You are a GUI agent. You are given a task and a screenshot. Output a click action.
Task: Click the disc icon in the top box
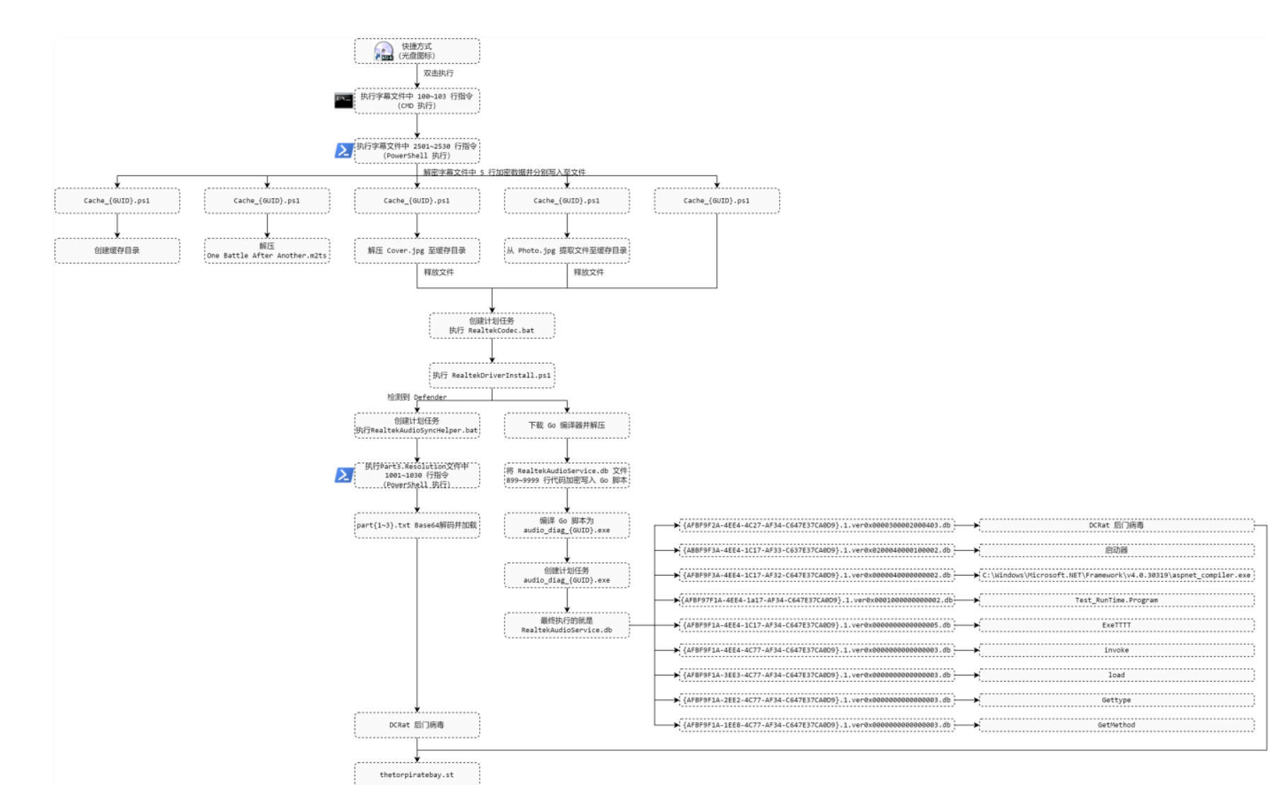point(384,52)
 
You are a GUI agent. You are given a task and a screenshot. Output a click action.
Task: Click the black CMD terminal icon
point(343,100)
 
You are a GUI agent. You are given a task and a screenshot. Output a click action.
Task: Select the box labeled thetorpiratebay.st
point(416,774)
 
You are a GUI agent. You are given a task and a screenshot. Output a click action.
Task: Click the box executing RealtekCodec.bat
point(492,325)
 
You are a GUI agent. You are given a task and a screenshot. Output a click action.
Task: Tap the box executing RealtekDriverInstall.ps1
point(492,375)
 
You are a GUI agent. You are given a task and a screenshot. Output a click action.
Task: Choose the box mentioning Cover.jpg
point(416,250)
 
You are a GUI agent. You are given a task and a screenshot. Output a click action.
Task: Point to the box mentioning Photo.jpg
point(566,250)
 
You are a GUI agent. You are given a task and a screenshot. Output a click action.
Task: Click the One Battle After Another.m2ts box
point(267,250)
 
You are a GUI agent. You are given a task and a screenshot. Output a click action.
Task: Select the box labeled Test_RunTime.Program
point(1116,600)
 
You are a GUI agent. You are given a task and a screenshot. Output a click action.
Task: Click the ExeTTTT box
point(1116,625)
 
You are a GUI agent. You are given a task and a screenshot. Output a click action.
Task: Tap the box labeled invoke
point(1116,650)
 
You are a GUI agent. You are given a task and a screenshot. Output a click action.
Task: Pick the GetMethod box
point(1116,725)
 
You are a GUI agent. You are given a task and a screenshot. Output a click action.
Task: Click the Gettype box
point(1116,700)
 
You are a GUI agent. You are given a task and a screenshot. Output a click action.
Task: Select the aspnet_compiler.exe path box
point(1116,575)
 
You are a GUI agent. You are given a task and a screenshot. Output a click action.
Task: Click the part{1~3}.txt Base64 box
point(416,525)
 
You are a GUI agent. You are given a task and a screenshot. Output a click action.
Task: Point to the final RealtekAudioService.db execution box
point(566,625)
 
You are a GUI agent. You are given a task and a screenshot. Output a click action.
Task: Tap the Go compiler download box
point(566,425)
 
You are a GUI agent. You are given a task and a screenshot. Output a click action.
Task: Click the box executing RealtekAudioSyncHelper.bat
point(416,425)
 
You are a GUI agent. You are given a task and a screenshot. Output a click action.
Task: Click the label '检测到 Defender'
point(416,397)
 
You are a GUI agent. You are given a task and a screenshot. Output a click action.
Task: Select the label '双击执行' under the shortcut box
point(438,73)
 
